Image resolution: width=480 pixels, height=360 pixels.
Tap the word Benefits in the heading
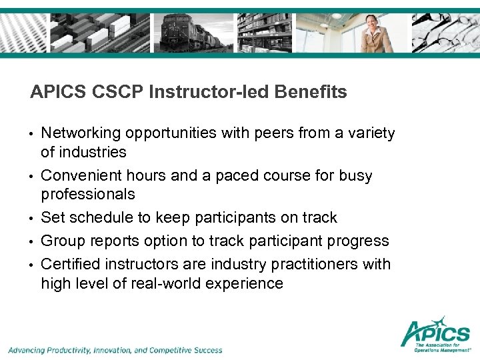point(313,92)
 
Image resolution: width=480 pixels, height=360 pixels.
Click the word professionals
point(88,195)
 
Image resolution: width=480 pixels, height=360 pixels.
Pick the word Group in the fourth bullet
point(61,241)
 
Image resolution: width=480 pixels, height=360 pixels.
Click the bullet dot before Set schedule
point(32,219)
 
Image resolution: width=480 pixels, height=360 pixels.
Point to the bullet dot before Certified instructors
point(32,265)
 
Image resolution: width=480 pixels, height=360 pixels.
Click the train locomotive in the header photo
point(187,33)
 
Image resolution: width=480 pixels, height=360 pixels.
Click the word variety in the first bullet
point(371,133)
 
